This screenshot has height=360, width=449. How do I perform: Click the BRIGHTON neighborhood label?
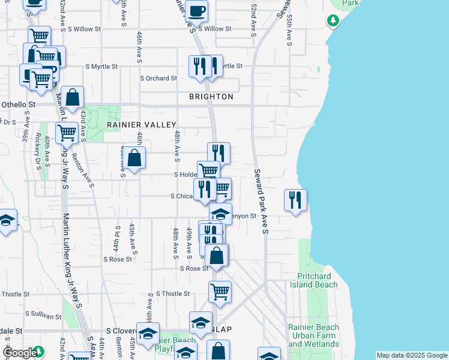pos(211,97)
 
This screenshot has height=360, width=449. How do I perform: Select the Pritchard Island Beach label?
pos(318,280)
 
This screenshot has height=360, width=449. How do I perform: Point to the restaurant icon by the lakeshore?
pos(295,199)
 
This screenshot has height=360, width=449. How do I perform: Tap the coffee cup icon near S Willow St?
pos(196,10)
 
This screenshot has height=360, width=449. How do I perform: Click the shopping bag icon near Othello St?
pos(72,97)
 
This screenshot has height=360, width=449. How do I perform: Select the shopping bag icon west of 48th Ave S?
pos(136,158)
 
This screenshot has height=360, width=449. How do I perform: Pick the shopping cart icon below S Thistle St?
pos(220,292)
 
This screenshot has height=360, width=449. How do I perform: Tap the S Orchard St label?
pos(158,78)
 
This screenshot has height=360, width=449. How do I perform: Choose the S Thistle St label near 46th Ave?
pos(173,293)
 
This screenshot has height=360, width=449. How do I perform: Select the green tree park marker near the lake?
pos(333,21)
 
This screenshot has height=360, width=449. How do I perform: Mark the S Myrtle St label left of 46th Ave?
pos(101,66)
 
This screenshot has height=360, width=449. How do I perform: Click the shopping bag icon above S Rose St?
pos(217,256)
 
